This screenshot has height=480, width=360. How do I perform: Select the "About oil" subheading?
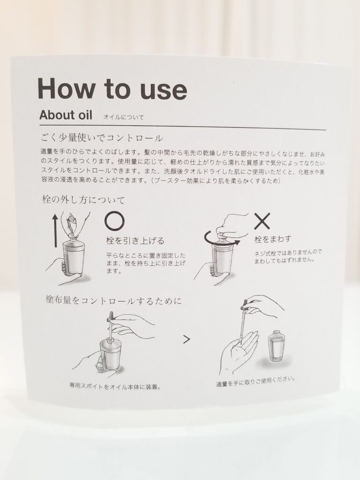pyautogui.click(x=66, y=115)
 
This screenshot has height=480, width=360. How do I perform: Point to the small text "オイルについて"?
pyautogui.click(x=123, y=117)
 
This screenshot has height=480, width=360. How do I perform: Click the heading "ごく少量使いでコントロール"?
pyautogui.click(x=102, y=138)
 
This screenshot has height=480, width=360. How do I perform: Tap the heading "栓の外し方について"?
pyautogui.click(x=84, y=200)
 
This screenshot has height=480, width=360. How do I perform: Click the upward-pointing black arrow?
pyautogui.click(x=55, y=230)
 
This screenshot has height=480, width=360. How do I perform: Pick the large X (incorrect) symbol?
pyautogui.click(x=262, y=221)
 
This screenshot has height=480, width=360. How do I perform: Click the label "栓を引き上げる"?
pyautogui.click(x=135, y=241)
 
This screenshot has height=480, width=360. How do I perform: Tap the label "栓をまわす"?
pyautogui.click(x=273, y=239)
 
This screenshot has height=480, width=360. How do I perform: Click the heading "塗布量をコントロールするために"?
pyautogui.click(x=113, y=300)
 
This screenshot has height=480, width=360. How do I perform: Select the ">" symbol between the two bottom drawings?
pyautogui.click(x=187, y=339)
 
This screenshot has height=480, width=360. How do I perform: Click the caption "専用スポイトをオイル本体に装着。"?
pyautogui.click(x=115, y=387)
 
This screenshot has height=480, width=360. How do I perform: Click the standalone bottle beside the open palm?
pyautogui.click(x=275, y=345)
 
